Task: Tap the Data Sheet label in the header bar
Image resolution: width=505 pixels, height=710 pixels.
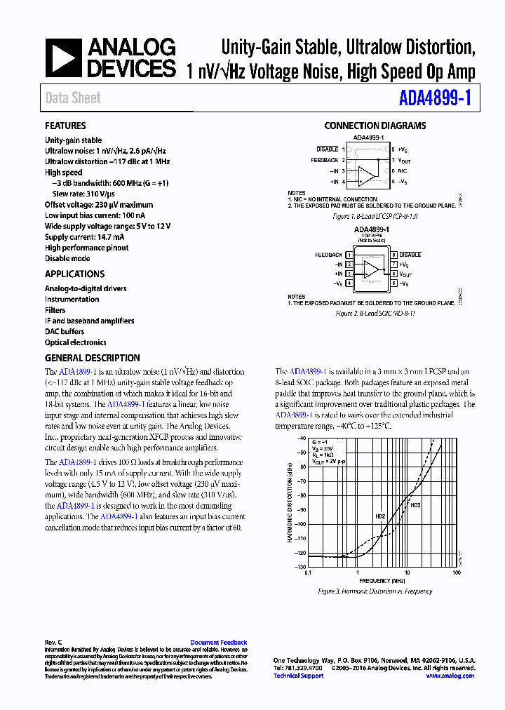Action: click(x=73, y=98)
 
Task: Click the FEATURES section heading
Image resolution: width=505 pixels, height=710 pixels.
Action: click(x=65, y=126)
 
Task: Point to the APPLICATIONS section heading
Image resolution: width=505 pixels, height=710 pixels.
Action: click(x=74, y=274)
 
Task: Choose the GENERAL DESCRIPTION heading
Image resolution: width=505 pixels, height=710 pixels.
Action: click(x=92, y=358)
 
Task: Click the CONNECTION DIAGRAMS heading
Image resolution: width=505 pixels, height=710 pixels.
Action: click(x=375, y=126)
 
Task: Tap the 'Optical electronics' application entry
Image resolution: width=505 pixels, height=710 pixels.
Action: click(x=76, y=342)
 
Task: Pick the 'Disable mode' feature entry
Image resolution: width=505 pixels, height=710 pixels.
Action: click(x=67, y=258)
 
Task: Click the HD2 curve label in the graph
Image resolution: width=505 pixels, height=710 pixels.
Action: click(x=380, y=517)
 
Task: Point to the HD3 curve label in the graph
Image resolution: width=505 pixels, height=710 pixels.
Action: click(x=415, y=505)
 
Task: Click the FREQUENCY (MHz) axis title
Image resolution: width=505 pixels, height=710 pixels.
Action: click(x=383, y=582)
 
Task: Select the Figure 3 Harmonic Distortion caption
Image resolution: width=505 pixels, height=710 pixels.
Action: click(x=375, y=591)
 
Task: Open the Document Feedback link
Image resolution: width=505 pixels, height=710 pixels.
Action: click(x=218, y=642)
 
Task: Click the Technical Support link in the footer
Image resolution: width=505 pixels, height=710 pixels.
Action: click(x=298, y=676)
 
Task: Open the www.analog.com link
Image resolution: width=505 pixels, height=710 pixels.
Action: click(x=450, y=676)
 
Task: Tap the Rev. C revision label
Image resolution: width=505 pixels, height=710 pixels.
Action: click(x=54, y=642)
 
